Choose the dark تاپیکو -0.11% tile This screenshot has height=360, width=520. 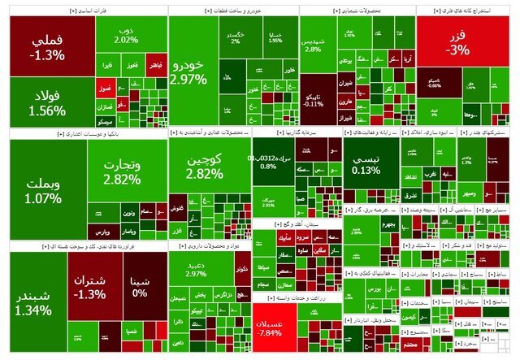pyautogui.click(x=314, y=99)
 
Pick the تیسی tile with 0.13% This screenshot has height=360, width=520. pyautogui.click(x=370, y=166)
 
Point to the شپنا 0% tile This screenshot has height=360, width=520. pyautogui.click(x=140, y=286)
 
